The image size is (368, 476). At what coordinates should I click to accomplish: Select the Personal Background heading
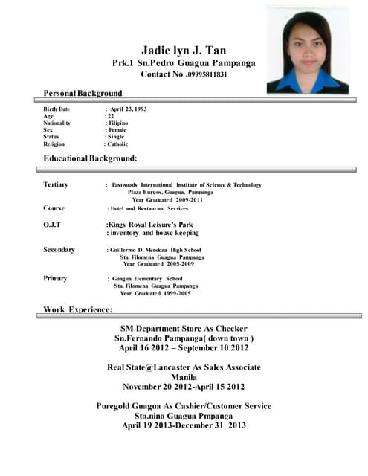click(83, 93)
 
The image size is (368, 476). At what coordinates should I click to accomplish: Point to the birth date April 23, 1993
click(128, 109)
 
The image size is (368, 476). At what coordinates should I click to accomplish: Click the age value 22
click(111, 116)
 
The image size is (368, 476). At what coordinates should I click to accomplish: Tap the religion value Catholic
click(119, 144)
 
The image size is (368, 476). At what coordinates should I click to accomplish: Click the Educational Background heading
click(90, 159)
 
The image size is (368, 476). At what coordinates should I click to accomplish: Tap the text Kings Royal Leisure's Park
click(150, 223)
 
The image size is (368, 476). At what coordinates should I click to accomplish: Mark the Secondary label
click(59, 250)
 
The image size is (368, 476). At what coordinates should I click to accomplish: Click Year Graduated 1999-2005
click(155, 293)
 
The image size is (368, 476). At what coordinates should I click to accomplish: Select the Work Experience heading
click(78, 309)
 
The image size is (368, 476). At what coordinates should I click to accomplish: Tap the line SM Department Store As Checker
click(184, 328)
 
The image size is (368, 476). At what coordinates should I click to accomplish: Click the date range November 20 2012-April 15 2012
click(184, 387)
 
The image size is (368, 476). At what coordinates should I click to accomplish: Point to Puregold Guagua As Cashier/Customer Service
click(184, 406)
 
